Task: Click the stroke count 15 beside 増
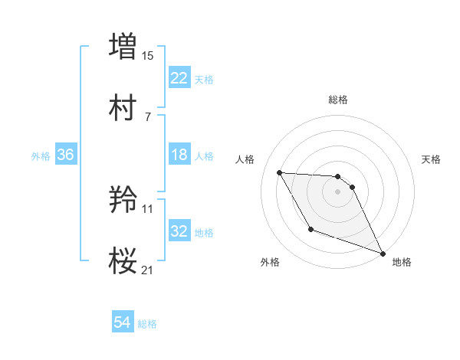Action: pos(148,55)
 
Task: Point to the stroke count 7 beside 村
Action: pos(148,117)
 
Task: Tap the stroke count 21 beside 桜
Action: pos(148,270)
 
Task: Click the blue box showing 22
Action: pos(179,78)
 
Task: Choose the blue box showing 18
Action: pos(179,155)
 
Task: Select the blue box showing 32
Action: pos(179,231)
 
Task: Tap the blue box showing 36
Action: pos(65,155)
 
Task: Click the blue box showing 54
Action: pos(123,323)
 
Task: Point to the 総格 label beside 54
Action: pos(147,324)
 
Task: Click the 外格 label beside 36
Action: pos(41,156)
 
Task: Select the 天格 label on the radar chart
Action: pos(432,159)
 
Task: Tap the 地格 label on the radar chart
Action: pos(402,262)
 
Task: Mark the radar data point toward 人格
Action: pos(279,172)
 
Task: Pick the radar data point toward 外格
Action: pos(310,229)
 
